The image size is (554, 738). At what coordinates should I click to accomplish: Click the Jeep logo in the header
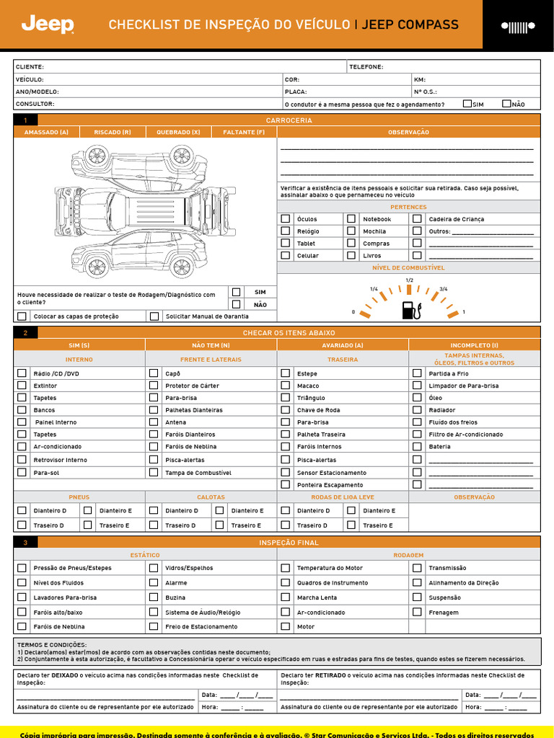(48, 25)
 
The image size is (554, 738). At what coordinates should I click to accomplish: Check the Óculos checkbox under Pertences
(286, 218)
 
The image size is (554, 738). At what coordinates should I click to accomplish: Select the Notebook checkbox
(351, 218)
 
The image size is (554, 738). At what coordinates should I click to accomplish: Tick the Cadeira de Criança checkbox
(417, 218)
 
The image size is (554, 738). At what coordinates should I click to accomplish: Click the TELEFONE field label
(366, 66)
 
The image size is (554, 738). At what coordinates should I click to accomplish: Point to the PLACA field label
(296, 92)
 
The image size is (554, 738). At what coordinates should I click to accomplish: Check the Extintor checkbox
(22, 386)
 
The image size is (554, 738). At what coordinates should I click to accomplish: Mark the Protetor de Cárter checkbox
(154, 386)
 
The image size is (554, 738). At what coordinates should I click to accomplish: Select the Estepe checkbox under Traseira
(286, 373)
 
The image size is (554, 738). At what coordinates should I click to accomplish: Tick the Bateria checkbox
(417, 447)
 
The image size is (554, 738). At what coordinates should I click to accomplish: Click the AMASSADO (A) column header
(46, 132)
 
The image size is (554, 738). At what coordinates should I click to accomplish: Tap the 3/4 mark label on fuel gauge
(443, 288)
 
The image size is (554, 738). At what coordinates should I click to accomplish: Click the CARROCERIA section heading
(289, 120)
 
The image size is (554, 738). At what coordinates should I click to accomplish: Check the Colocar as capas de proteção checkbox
(22, 316)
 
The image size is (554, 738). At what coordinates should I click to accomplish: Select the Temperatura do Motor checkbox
(286, 568)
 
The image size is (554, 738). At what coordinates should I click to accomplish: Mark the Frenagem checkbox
(417, 612)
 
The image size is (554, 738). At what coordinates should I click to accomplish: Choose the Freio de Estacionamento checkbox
(154, 626)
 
